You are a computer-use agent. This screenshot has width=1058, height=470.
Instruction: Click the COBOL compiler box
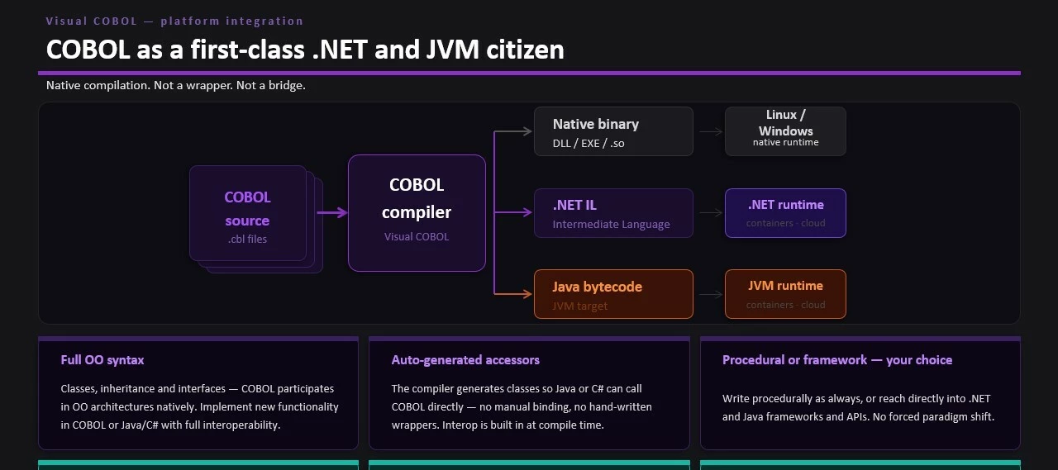pyautogui.click(x=417, y=212)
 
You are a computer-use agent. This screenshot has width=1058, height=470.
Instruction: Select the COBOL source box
pyautogui.click(x=248, y=213)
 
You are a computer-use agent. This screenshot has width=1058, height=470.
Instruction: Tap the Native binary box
pyautogui.click(x=613, y=131)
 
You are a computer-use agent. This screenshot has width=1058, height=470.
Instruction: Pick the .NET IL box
pyautogui.click(x=613, y=213)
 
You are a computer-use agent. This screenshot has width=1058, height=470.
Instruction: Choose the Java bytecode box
pyautogui.click(x=613, y=294)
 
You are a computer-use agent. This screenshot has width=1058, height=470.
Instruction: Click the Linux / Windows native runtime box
pyautogui.click(x=785, y=131)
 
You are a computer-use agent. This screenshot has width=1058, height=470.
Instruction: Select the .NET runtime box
pyautogui.click(x=785, y=213)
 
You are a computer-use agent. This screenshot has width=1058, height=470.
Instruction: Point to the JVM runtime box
pyautogui.click(x=785, y=294)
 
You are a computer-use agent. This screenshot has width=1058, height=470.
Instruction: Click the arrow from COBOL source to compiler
pyautogui.click(x=333, y=212)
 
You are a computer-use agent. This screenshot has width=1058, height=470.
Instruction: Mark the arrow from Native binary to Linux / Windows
pyautogui.click(x=710, y=131)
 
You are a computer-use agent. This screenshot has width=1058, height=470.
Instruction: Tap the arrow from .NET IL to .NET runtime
pyautogui.click(x=710, y=212)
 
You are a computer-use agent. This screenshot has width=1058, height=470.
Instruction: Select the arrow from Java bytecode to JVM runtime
pyautogui.click(x=710, y=294)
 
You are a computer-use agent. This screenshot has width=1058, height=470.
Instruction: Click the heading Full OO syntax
pyautogui.click(x=102, y=360)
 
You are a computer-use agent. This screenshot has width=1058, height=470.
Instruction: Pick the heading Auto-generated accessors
pyautogui.click(x=465, y=360)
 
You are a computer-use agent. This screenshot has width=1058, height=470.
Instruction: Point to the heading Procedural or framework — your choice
pyautogui.click(x=837, y=360)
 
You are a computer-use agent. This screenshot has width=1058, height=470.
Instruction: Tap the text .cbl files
pyautogui.click(x=248, y=240)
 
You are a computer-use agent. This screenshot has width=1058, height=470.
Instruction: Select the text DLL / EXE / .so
pyautogui.click(x=589, y=143)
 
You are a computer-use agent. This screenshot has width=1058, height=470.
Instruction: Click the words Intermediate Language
pyautogui.click(x=611, y=225)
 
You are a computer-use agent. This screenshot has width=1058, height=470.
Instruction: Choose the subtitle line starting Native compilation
pyautogui.click(x=176, y=85)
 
